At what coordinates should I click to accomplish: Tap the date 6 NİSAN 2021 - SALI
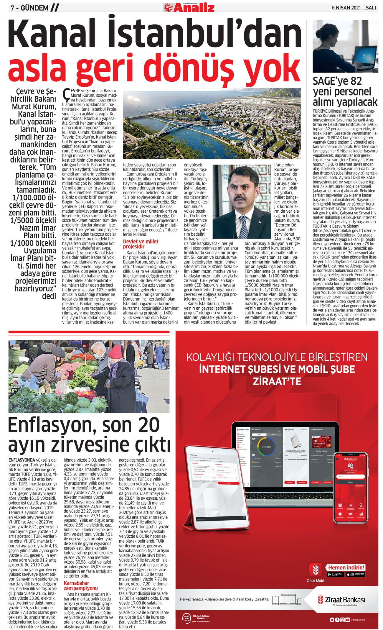(354, 8)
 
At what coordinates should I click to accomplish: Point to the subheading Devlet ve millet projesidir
(141, 244)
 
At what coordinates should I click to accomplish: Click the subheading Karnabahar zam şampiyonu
(77, 585)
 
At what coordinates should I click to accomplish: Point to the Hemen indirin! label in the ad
(346, 567)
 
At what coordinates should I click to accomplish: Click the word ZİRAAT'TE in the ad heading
(277, 381)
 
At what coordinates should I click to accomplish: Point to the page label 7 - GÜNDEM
(29, 8)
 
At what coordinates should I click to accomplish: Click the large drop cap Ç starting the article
(66, 94)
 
